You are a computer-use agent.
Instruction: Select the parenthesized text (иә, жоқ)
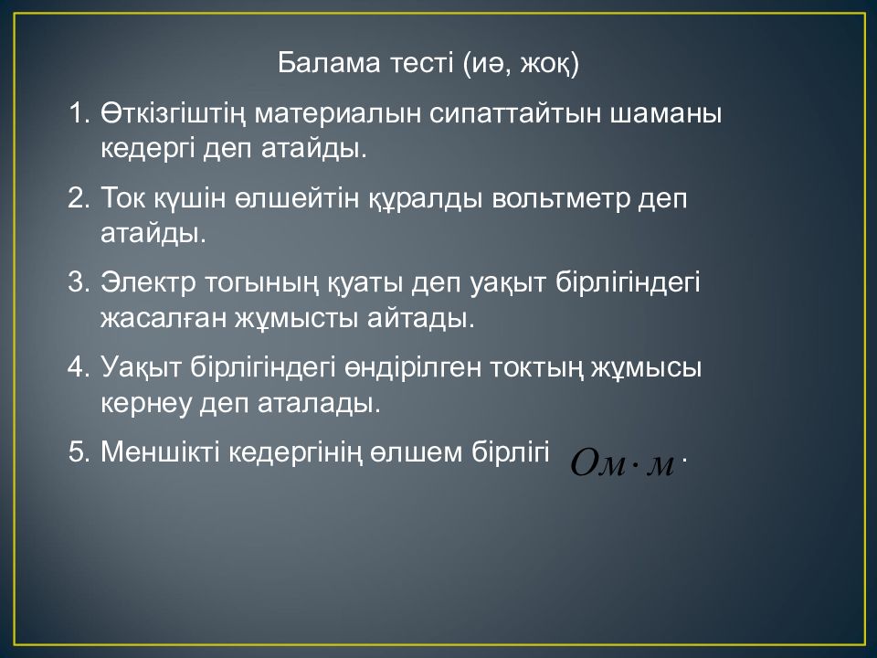coord(522,65)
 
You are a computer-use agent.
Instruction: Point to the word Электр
coord(146,283)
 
